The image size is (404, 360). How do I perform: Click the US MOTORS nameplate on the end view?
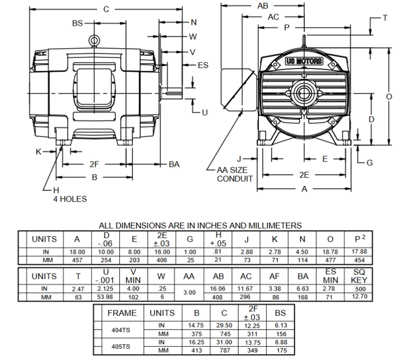[x=304, y=61]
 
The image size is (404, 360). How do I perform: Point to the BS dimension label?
[x=77, y=23]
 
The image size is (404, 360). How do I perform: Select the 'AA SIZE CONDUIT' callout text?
[x=235, y=174]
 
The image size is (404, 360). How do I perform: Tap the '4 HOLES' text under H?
[x=69, y=199]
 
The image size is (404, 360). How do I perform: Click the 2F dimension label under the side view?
[x=94, y=164]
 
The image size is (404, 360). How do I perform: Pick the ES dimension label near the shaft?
[x=203, y=65]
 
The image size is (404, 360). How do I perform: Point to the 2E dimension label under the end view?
[x=304, y=175]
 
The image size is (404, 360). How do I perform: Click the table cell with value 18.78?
[x=330, y=252]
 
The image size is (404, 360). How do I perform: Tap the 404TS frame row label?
[x=121, y=330]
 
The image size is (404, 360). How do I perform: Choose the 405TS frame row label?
[x=121, y=346]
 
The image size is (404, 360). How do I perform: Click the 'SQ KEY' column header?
[x=359, y=276]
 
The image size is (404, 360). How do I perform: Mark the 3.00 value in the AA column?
[x=189, y=293]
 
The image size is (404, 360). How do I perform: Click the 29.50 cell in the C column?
[x=224, y=325]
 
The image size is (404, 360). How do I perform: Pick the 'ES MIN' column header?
[x=330, y=276]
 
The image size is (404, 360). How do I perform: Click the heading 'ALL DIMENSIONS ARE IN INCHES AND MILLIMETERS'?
[x=200, y=225]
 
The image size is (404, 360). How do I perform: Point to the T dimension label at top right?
[x=385, y=18]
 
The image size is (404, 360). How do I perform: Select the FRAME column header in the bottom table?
[x=122, y=313]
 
